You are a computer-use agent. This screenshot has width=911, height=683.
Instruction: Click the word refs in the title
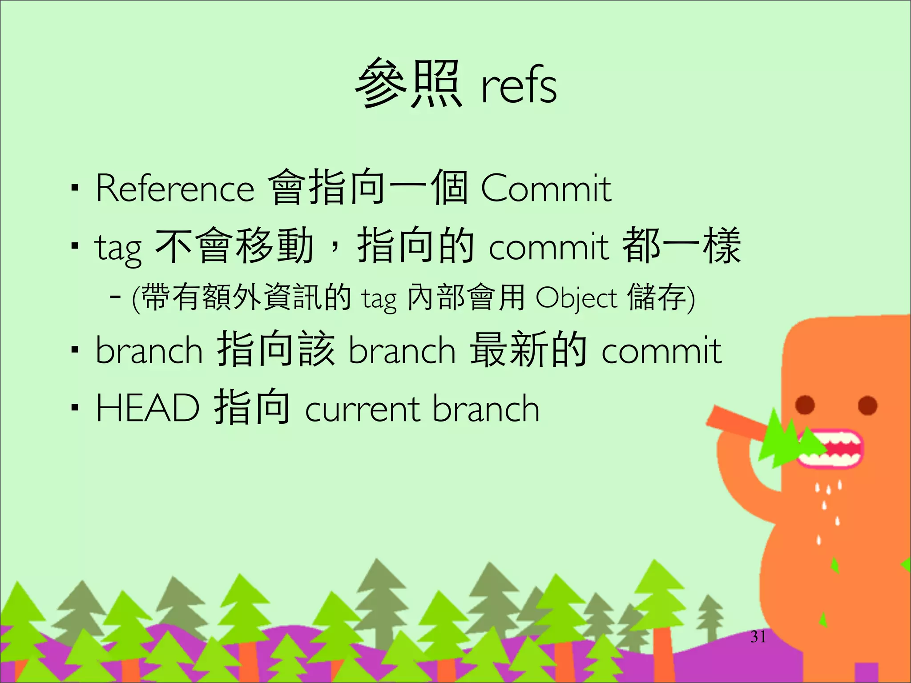(x=519, y=85)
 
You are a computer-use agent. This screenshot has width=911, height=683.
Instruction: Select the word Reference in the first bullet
(x=175, y=189)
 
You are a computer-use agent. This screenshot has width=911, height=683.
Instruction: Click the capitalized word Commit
(x=546, y=189)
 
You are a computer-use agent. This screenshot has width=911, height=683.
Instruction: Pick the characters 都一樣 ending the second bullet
(x=681, y=245)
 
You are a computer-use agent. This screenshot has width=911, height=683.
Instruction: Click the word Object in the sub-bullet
(x=576, y=298)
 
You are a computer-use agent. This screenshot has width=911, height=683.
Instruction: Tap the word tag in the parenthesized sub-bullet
(x=379, y=299)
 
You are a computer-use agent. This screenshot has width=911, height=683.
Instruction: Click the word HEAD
(x=147, y=408)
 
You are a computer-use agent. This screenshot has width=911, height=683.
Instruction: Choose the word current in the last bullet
(x=362, y=409)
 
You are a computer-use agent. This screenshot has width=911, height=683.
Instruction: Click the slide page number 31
(x=758, y=637)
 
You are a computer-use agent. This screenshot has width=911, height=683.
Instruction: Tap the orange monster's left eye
(x=805, y=405)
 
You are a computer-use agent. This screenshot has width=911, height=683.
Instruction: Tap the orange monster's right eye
(x=867, y=405)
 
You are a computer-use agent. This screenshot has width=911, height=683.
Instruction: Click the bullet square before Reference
(x=75, y=189)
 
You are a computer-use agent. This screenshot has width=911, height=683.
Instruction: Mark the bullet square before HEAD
(x=75, y=407)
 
